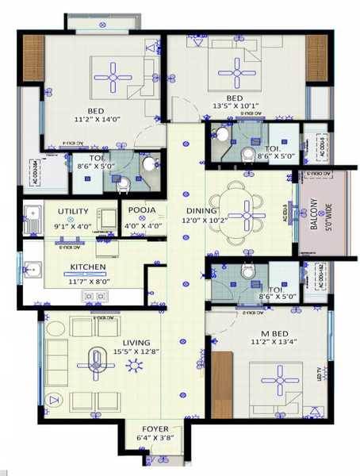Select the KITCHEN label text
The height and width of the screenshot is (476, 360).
click(x=89, y=267)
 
